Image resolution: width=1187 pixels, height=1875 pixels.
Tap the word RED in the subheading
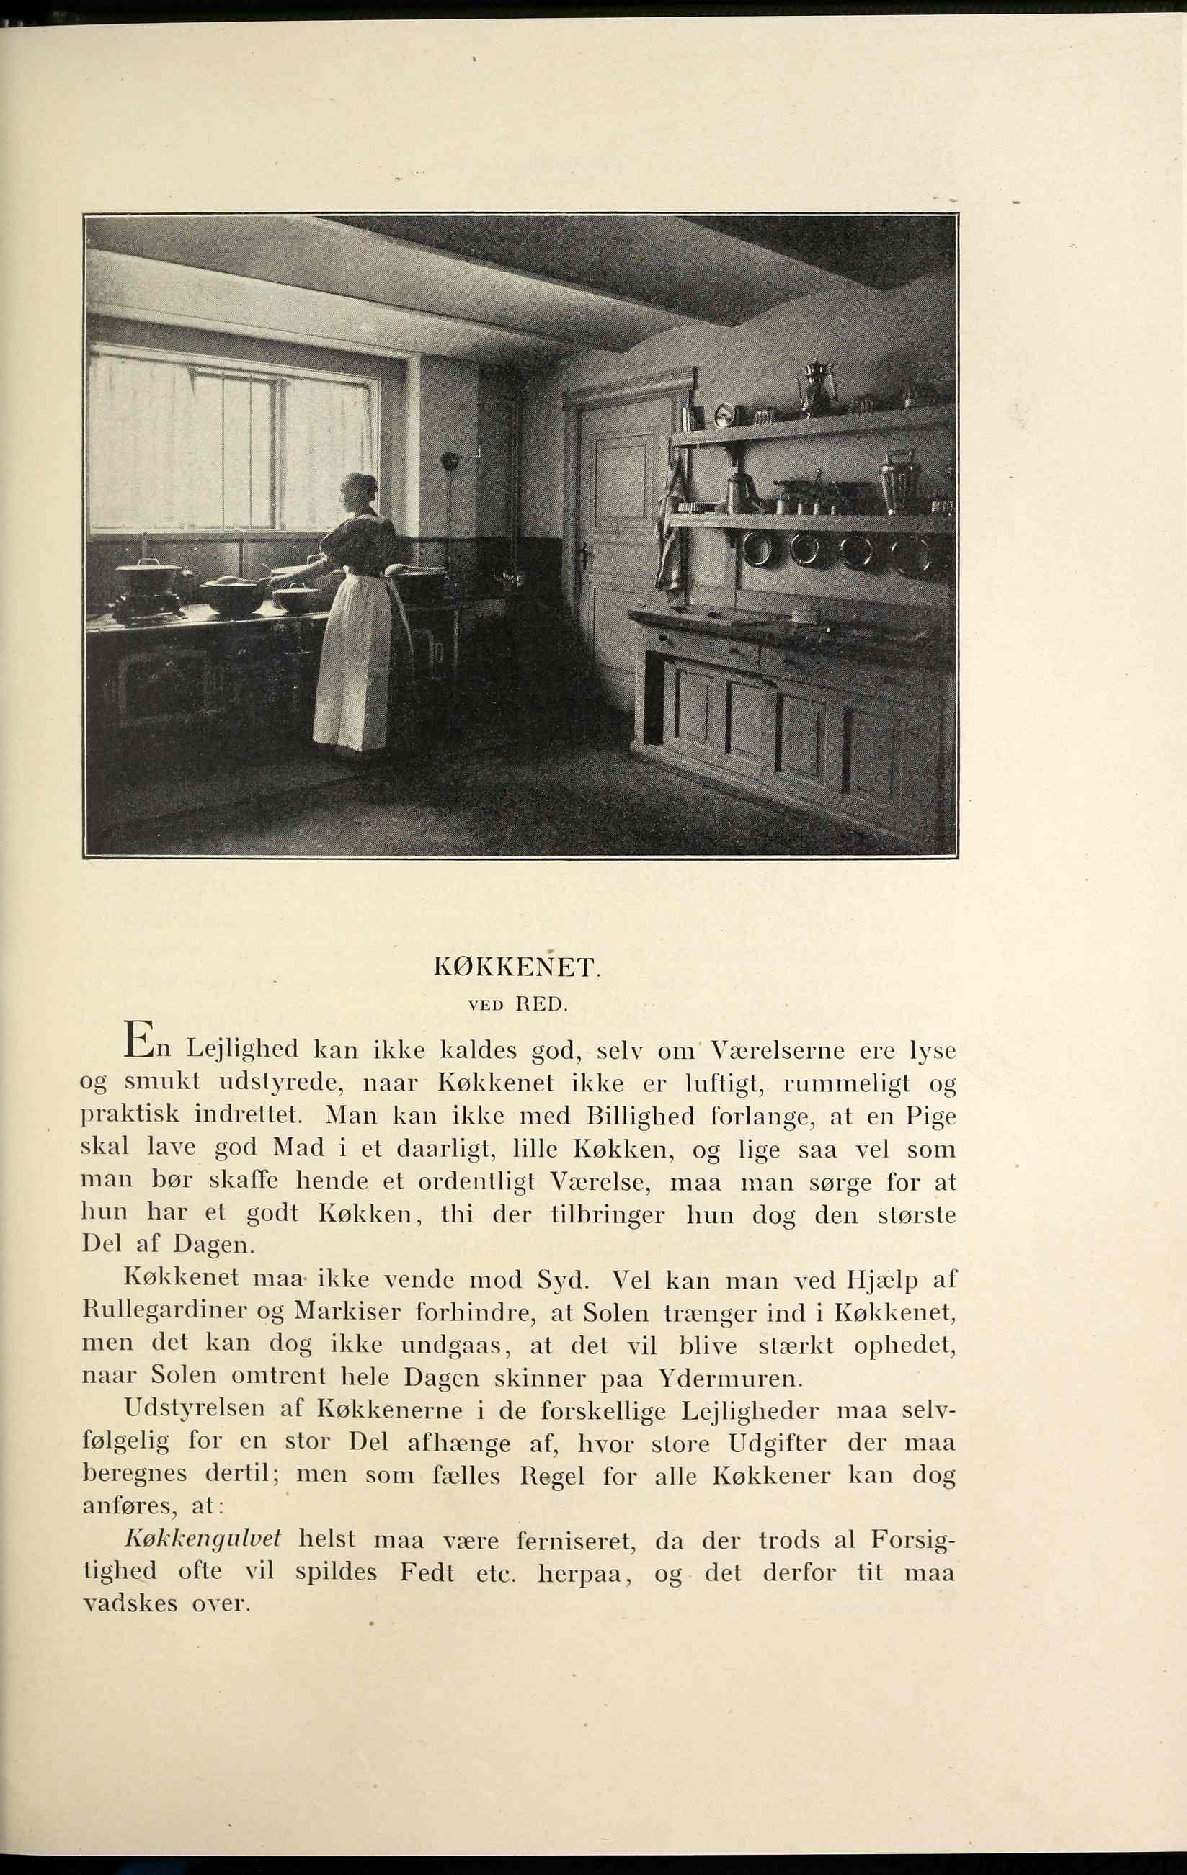pyautogui.click(x=540, y=1004)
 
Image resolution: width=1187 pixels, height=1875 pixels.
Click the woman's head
pyautogui.click(x=359, y=490)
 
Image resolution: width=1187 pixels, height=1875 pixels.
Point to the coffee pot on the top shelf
pyautogui.click(x=817, y=386)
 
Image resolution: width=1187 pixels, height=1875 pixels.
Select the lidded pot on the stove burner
pyautogui.click(x=147, y=577)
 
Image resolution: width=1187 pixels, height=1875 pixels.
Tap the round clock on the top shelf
pyautogui.click(x=724, y=415)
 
